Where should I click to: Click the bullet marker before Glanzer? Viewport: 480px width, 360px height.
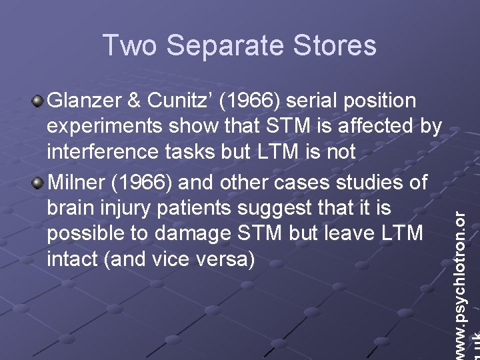tap(38, 101)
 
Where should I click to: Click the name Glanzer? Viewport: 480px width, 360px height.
tap(83, 101)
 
